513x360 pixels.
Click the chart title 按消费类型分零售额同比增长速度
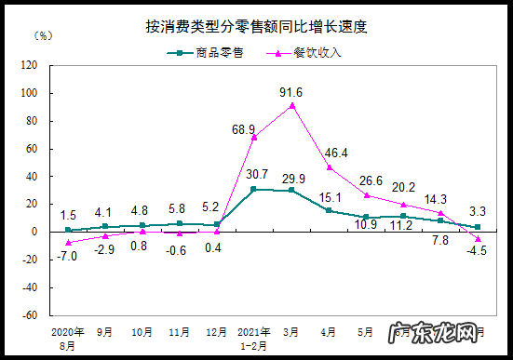pos(256,26)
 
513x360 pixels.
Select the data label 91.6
pos(291,91)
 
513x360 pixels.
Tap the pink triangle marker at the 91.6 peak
pos(291,105)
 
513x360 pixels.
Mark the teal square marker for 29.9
pos(291,191)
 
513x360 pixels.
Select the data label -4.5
pos(477,248)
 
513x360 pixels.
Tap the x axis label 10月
pos(142,331)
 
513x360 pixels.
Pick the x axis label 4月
pos(329,331)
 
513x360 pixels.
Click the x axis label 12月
pos(217,331)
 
